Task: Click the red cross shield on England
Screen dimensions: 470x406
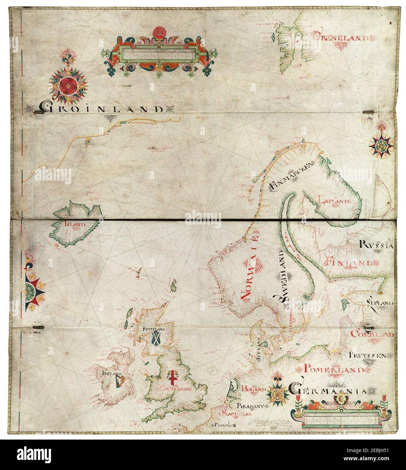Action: pyautogui.click(x=172, y=377)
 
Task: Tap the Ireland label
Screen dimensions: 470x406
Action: pyautogui.click(x=111, y=373)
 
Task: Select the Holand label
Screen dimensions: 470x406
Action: pyautogui.click(x=254, y=390)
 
